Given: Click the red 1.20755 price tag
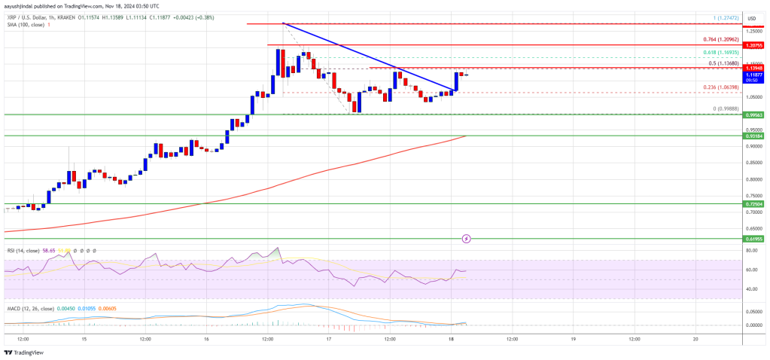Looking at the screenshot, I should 756,46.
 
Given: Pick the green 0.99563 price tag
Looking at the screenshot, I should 756,115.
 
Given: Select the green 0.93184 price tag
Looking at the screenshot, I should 756,136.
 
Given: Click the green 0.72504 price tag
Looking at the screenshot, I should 756,204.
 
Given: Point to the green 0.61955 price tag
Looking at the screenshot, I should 756,238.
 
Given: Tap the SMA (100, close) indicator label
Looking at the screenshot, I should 22,24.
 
